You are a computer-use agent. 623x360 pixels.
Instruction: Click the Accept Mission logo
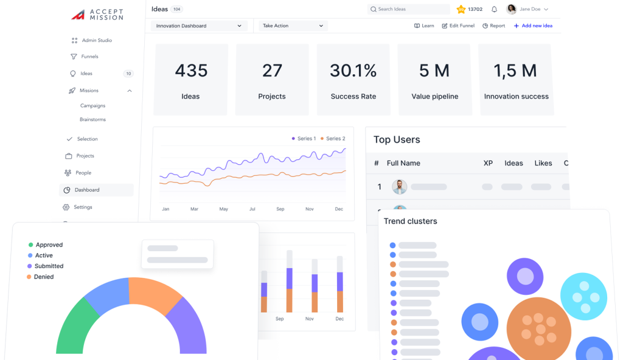[x=97, y=15]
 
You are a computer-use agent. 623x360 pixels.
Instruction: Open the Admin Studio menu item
[x=97, y=41]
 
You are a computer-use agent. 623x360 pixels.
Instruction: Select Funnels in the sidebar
[x=89, y=57]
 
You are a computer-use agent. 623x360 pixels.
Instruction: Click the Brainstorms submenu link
[x=93, y=120]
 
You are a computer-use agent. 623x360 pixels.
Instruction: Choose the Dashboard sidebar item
[x=87, y=190]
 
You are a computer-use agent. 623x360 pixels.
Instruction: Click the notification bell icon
[x=494, y=9]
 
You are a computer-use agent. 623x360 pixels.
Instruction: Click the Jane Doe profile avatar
[x=511, y=9]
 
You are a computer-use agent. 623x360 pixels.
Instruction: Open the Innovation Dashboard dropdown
[x=198, y=26]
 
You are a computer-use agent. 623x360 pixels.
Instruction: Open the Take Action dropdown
[x=293, y=26]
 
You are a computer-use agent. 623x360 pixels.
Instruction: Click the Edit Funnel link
[x=458, y=26]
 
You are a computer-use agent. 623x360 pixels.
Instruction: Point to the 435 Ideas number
[x=191, y=71]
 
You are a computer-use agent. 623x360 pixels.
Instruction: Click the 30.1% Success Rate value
[x=353, y=71]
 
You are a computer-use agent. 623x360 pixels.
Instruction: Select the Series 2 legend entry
[x=332, y=139]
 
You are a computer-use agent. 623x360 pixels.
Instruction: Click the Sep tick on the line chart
[x=280, y=209]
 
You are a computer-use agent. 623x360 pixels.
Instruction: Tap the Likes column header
[x=543, y=163]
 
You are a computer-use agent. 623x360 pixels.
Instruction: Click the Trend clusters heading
[x=410, y=221]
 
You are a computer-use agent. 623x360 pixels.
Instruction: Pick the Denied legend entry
[x=43, y=277]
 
